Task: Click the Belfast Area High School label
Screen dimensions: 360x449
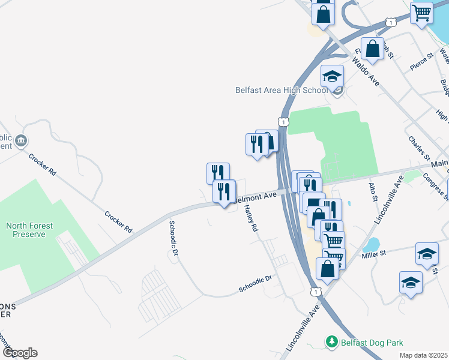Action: pos(281,91)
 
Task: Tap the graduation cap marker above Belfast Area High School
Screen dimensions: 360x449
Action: pos(332,77)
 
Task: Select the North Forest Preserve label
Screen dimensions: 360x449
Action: pos(29,230)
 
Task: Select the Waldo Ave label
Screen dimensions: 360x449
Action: pos(366,71)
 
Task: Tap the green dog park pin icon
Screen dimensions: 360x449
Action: pos(331,342)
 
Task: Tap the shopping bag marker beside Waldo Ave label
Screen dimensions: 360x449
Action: pos(373,49)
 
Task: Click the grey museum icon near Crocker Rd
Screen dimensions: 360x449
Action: pos(22,141)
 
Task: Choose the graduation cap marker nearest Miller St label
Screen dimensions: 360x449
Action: pos(427,254)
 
